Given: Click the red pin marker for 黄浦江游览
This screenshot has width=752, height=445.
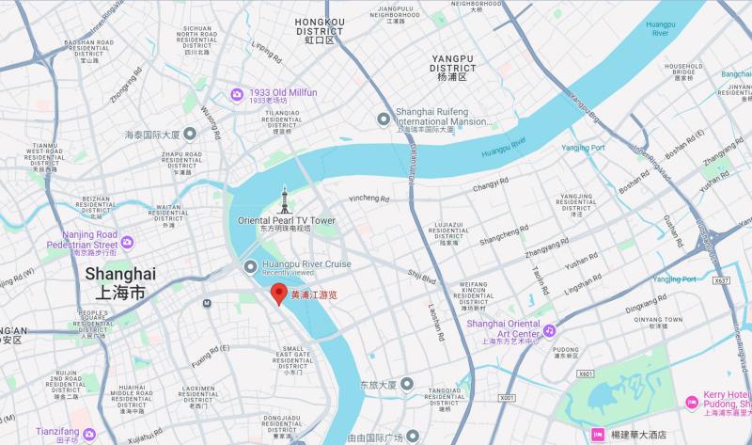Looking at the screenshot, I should pyautogui.click(x=278, y=293).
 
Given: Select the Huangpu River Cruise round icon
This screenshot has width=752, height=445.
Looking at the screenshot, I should pyautogui.click(x=250, y=267).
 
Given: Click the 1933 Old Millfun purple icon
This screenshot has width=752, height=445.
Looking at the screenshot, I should pyautogui.click(x=237, y=92).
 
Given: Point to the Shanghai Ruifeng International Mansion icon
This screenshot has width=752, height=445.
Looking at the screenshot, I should pyautogui.click(x=384, y=119).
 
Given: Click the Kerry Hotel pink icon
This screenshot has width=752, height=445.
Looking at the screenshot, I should pyautogui.click(x=693, y=401).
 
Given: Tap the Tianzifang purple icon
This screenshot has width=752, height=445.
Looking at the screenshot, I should pyautogui.click(x=89, y=434).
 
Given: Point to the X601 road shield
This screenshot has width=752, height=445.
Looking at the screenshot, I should pyautogui.click(x=586, y=373).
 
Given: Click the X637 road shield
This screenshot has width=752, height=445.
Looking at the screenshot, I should pyautogui.click(x=721, y=280).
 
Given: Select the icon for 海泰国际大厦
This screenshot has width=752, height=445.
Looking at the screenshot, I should pyautogui.click(x=190, y=135).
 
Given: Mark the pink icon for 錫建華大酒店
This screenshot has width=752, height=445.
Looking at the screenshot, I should pyautogui.click(x=596, y=435).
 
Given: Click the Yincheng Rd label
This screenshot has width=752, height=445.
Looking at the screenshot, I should pyautogui.click(x=368, y=199).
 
